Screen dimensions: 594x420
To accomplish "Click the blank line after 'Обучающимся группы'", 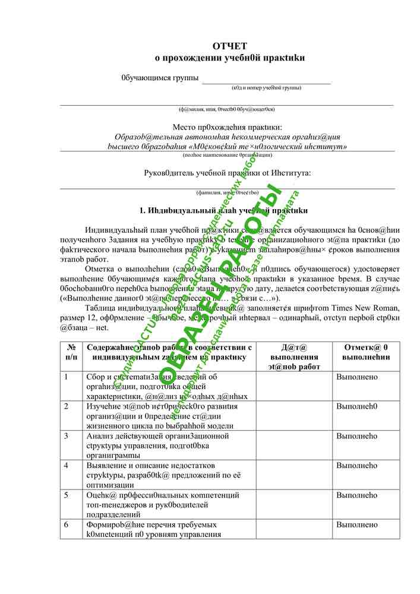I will click(x=266, y=80).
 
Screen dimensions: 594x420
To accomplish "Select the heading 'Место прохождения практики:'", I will click(x=227, y=127).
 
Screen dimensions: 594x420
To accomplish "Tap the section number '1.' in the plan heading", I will click(x=143, y=210).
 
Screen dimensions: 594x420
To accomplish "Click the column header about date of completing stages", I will click(x=294, y=356).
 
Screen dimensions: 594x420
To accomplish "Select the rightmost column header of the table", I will click(x=367, y=352).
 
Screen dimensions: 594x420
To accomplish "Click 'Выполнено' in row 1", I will click(x=357, y=377).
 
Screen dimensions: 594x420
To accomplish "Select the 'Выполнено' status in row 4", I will click(x=357, y=465).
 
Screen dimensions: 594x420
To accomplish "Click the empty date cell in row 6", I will click(x=294, y=529).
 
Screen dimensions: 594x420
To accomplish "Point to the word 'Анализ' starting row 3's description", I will click(x=100, y=436).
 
